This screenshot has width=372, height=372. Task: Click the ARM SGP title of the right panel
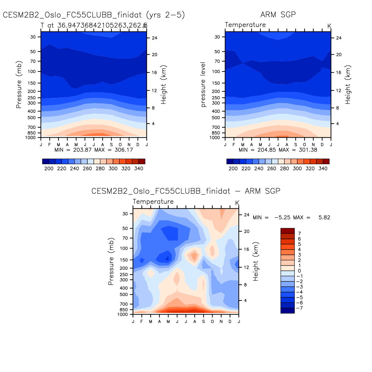(278, 15)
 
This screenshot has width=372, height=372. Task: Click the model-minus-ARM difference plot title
(186, 191)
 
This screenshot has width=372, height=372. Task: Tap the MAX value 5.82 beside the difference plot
(324, 217)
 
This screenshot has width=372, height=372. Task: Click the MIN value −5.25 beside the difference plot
(283, 217)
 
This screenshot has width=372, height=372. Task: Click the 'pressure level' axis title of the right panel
(204, 84)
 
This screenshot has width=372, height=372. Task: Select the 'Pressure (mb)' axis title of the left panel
(19, 84)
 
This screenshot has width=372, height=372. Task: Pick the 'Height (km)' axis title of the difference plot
(256, 261)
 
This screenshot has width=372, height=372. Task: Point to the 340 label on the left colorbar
(139, 168)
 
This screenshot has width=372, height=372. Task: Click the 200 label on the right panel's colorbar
(233, 168)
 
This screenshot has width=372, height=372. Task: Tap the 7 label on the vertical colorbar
(300, 234)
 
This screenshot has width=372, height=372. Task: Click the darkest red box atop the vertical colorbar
(287, 231)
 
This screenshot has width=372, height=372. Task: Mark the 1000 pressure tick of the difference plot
(123, 315)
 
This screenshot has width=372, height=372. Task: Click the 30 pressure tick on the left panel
(33, 37)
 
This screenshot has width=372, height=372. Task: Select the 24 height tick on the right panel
(339, 38)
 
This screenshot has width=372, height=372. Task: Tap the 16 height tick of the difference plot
(246, 249)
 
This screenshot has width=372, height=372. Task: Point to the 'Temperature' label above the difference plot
(153, 202)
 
